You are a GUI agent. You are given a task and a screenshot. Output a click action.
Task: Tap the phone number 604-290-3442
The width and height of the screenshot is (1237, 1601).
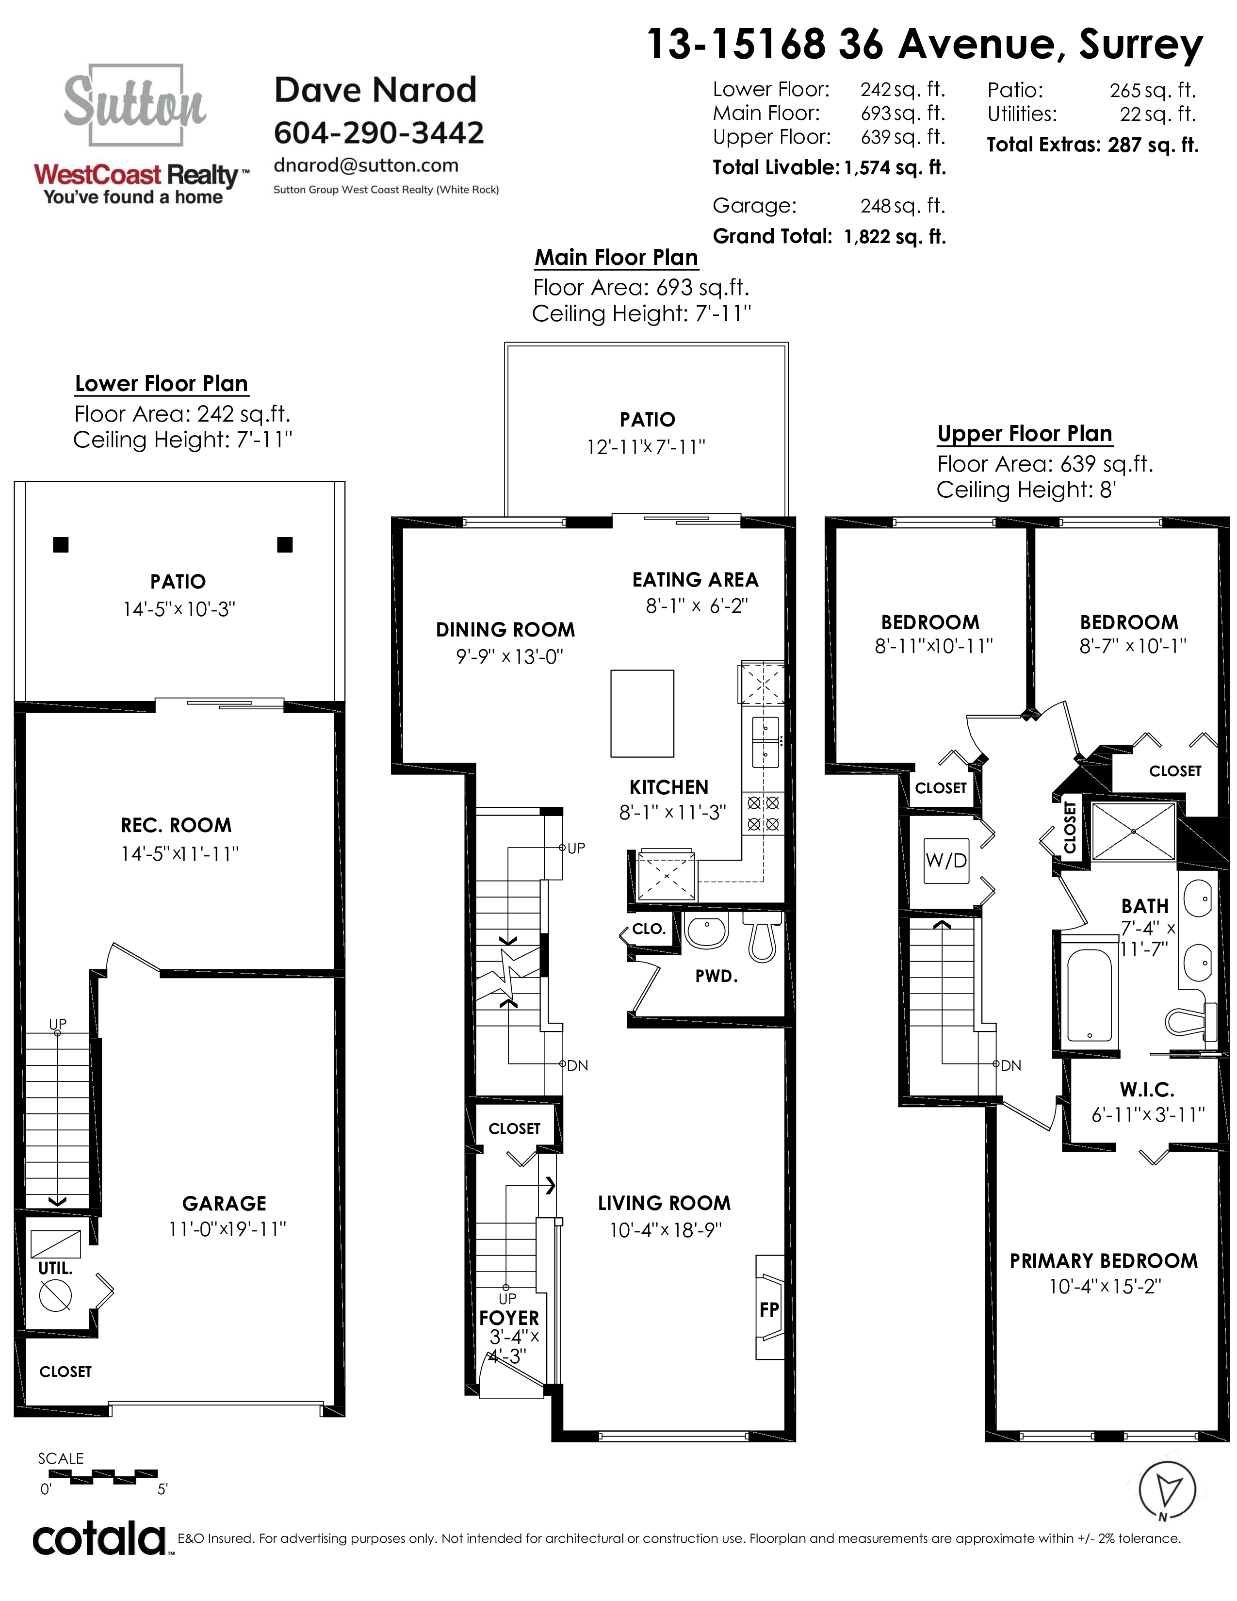(379, 132)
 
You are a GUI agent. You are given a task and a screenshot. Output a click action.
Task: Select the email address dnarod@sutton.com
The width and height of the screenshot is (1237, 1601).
(366, 165)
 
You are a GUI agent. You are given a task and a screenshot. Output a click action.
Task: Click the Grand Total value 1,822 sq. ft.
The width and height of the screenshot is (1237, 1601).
(895, 236)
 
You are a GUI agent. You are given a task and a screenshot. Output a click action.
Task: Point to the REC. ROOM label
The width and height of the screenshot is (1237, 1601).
(176, 825)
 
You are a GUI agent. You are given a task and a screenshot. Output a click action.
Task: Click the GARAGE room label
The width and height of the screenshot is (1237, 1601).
(224, 1204)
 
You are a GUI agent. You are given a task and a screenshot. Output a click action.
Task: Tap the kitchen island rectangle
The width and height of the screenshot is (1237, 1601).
(642, 713)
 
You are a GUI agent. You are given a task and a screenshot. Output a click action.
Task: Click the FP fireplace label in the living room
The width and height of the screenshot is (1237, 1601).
(769, 1309)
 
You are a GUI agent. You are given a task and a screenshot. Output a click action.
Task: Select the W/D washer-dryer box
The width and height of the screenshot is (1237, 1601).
(946, 861)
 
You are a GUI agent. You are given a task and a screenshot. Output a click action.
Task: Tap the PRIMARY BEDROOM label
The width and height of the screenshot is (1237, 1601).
(1104, 1261)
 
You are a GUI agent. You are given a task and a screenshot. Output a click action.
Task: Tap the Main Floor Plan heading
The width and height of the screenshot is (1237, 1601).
(616, 257)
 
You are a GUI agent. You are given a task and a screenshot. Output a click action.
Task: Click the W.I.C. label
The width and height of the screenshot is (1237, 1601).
(1146, 1089)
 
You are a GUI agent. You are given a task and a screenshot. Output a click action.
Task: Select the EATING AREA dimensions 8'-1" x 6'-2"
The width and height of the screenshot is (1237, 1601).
(696, 605)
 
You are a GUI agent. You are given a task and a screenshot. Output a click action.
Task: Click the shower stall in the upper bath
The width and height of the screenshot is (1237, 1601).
(1133, 831)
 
